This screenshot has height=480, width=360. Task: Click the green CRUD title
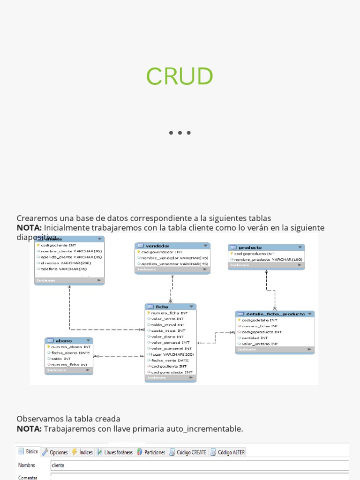point(180,76)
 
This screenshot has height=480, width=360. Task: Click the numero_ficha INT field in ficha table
point(169,313)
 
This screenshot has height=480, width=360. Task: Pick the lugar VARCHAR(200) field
point(172,354)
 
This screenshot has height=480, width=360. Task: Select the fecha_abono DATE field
point(70,352)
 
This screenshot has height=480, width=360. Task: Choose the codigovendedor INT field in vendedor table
point(162,252)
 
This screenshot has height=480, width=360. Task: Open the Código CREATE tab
point(188,452)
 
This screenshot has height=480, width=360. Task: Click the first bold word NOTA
point(29,228)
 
